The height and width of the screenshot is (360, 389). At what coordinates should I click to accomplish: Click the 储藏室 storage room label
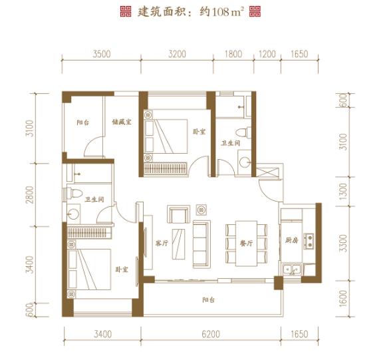(x=122, y=122)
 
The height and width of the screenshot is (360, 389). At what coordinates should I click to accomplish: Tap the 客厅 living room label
(x=162, y=243)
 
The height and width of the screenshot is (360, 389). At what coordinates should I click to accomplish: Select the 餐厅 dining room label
(x=246, y=244)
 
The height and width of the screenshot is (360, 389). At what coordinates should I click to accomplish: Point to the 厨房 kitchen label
(x=291, y=240)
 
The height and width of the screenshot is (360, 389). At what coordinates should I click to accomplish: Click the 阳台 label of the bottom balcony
(x=208, y=300)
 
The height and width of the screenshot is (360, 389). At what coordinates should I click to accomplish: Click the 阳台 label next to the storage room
(x=83, y=122)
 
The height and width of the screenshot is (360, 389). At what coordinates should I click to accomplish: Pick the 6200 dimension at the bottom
(x=211, y=334)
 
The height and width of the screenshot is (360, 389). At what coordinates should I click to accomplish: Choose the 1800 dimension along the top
(x=233, y=54)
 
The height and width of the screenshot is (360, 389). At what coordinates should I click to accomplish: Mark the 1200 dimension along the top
(x=267, y=54)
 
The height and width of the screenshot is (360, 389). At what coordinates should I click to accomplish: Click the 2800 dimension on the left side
(x=30, y=194)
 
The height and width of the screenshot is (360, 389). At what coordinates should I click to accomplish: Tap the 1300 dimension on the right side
(x=343, y=191)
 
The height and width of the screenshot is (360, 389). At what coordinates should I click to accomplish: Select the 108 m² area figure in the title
(x=227, y=12)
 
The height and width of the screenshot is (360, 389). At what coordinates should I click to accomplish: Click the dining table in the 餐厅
(x=246, y=244)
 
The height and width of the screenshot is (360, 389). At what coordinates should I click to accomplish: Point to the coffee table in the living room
(x=179, y=244)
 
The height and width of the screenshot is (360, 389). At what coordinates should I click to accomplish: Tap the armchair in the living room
(x=179, y=214)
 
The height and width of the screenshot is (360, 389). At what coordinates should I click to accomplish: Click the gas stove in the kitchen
(x=309, y=241)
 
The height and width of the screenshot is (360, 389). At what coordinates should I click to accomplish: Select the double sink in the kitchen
(x=292, y=270)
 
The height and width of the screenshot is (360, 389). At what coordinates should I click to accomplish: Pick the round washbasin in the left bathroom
(x=73, y=214)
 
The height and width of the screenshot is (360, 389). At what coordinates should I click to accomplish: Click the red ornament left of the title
(x=126, y=12)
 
